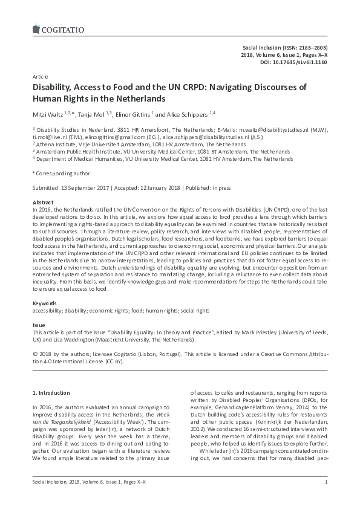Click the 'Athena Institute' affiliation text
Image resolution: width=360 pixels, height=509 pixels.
(56, 144)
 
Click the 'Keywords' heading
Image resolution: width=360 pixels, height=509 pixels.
(45, 303)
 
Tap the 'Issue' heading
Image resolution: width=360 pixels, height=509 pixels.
(38, 325)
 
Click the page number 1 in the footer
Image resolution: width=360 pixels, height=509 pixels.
(326, 481)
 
